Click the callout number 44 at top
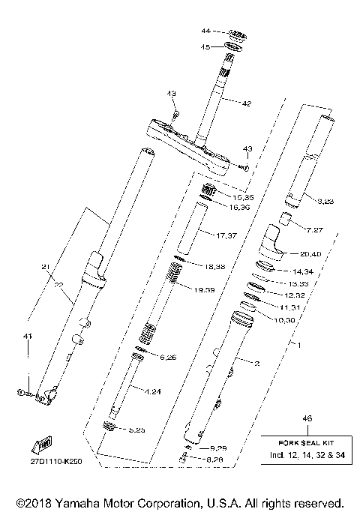tap(205, 31)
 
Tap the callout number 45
tap(205, 46)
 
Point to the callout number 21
tap(45, 268)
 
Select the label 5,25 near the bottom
tap(136, 430)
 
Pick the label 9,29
tap(206, 448)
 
